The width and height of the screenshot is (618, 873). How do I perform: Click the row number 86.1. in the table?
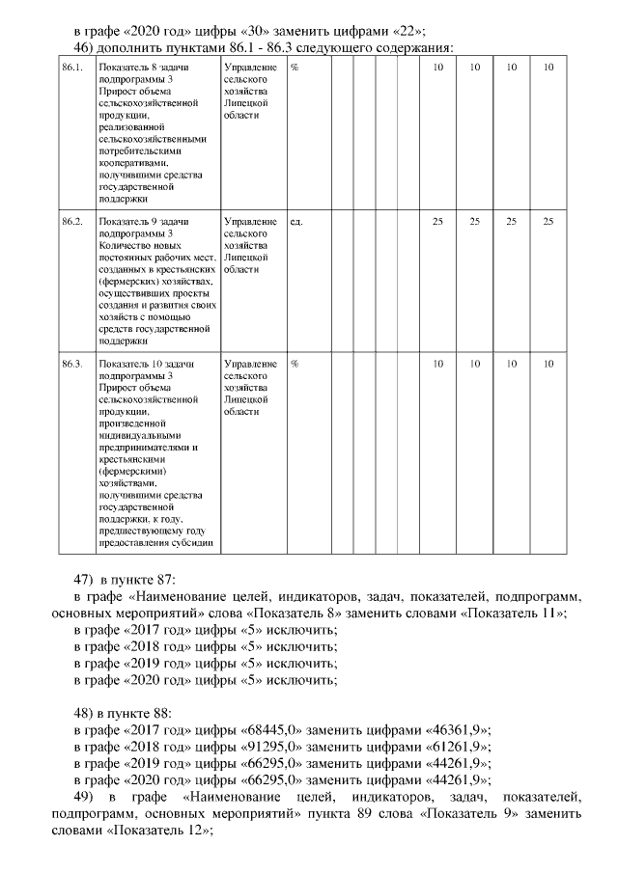click(70, 68)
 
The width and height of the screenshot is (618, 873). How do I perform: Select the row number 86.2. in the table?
click(71, 222)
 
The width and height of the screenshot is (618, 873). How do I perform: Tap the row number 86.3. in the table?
click(71, 364)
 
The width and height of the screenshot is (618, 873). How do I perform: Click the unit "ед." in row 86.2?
click(296, 222)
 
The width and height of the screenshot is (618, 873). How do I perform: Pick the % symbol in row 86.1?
click(295, 68)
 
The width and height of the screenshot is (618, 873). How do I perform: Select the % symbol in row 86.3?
click(295, 364)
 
